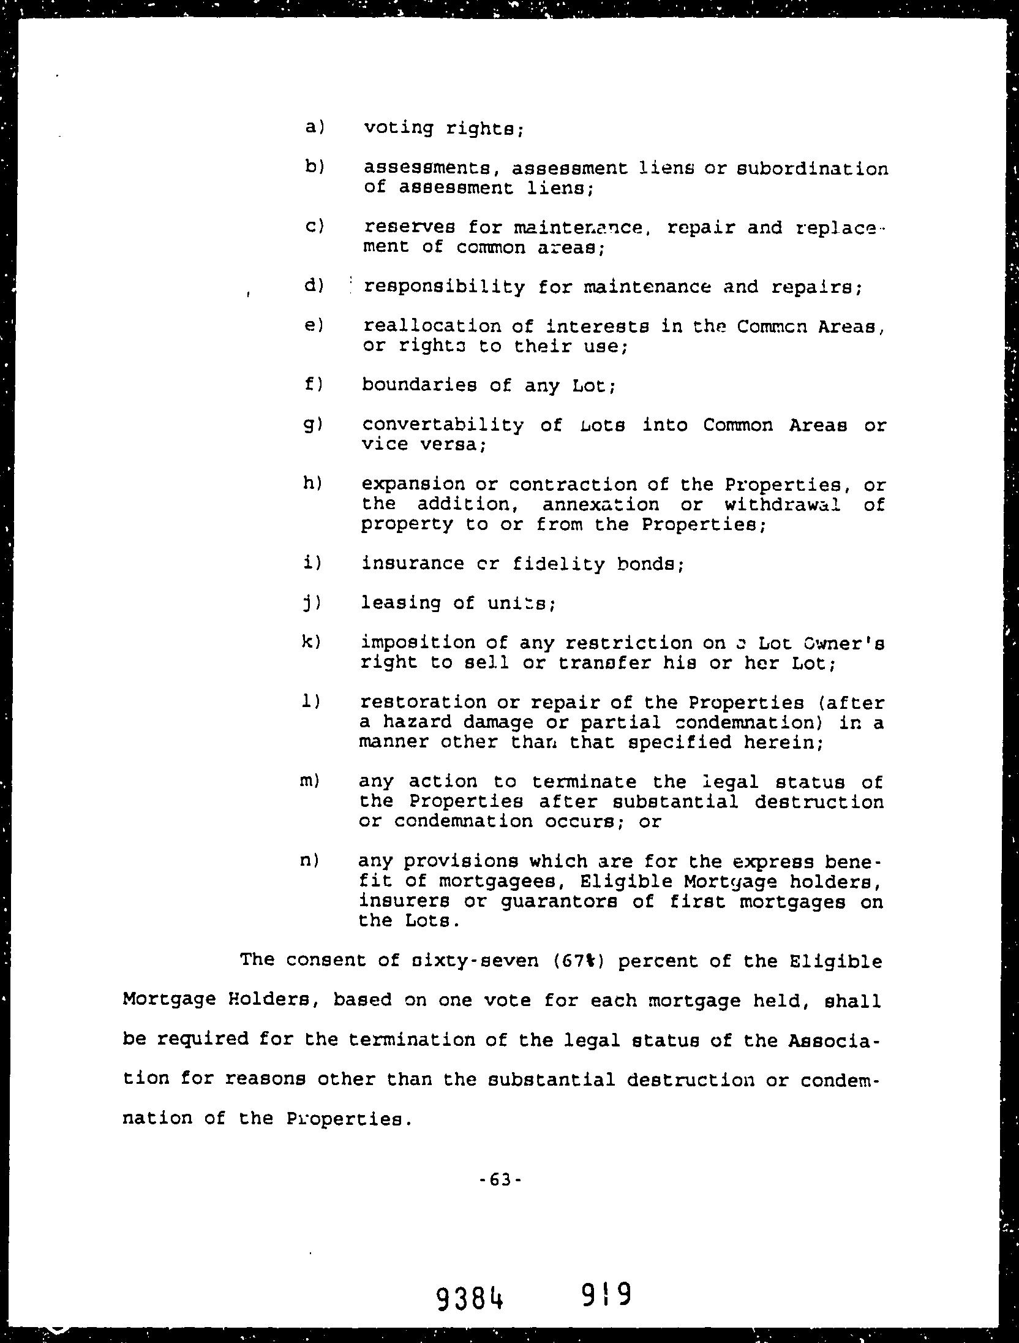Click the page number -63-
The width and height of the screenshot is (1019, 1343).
pos(500,1179)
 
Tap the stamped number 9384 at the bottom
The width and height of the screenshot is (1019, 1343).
pos(470,1297)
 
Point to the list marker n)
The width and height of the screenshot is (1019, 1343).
pos(310,860)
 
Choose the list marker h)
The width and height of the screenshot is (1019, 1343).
pos(312,483)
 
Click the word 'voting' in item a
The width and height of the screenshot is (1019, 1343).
pos(398,129)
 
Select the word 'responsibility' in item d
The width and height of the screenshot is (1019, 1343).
pos(444,287)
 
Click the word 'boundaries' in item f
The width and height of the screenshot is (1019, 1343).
pos(419,385)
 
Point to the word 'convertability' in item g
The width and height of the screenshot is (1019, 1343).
pos(443,425)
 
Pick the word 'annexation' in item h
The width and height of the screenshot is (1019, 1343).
pos(601,505)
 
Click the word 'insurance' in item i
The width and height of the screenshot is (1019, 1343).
pos(412,563)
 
